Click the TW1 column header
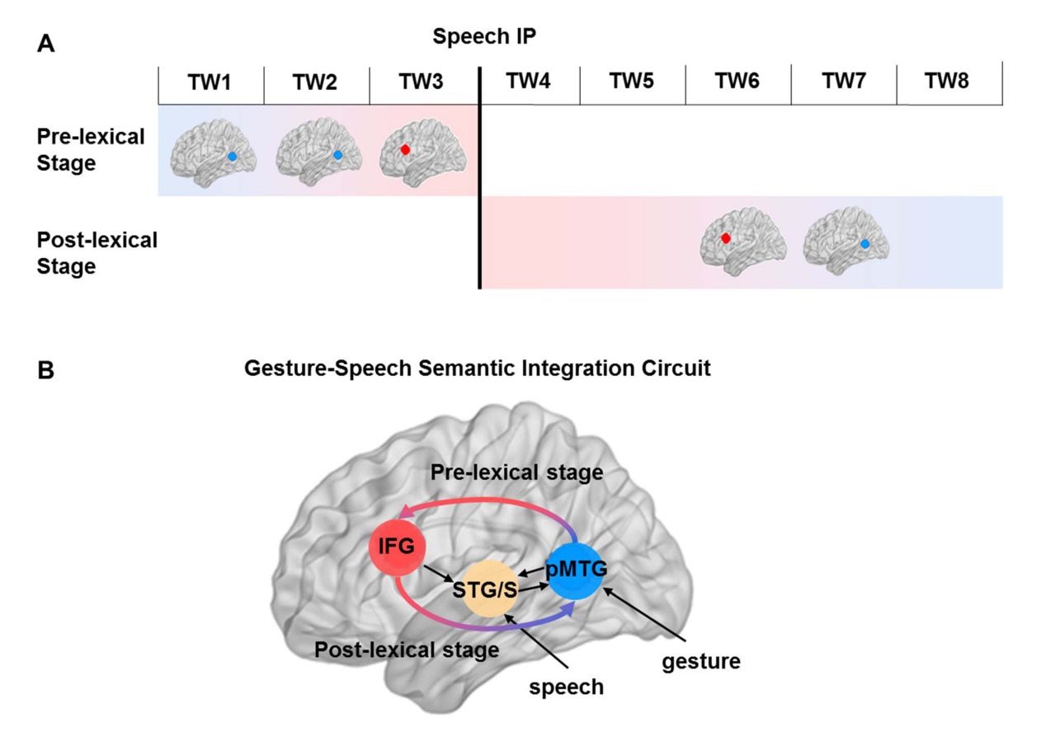tap(211, 84)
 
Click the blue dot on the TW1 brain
tap(233, 156)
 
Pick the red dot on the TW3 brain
tap(405, 150)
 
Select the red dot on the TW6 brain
tap(726, 238)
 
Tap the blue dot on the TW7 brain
tap(865, 244)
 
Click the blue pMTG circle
tap(577, 571)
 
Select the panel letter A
tap(46, 44)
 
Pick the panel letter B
tap(46, 370)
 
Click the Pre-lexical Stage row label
tap(90, 150)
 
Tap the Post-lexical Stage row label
tap(97, 253)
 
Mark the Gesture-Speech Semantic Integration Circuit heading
tap(477, 369)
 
